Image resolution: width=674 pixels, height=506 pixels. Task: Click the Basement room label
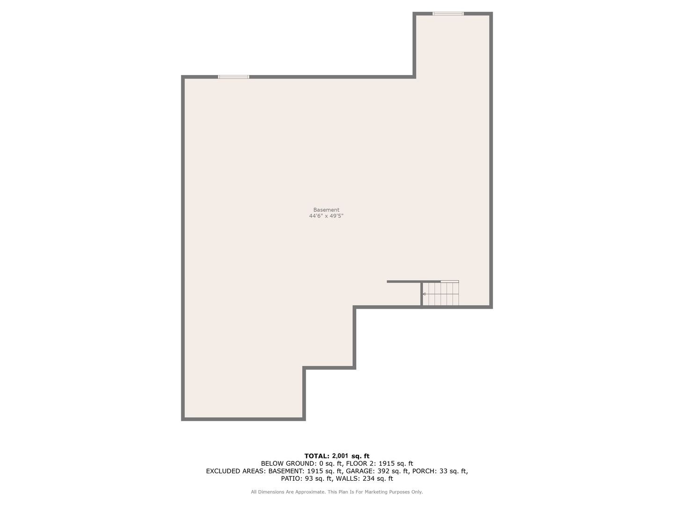tap(326, 210)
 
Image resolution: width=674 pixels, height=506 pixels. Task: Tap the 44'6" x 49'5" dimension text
tap(326, 216)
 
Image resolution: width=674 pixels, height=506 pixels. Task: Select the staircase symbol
tap(440, 294)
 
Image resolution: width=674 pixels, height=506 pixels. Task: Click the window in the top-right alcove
tap(448, 14)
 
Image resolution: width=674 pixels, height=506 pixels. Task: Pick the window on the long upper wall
tap(234, 77)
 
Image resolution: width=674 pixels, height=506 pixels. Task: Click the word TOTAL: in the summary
tap(317, 456)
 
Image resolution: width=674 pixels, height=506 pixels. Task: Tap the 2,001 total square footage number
tap(340, 456)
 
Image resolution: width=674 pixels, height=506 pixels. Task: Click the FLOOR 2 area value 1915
tap(386, 463)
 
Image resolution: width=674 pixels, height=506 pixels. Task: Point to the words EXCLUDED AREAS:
tap(236, 471)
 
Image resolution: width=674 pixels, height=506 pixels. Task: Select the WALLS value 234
tap(368, 478)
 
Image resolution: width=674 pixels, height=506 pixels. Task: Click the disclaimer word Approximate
tap(310, 492)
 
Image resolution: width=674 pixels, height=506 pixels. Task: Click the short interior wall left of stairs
tap(404, 282)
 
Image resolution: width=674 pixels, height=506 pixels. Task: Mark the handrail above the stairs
tap(450, 282)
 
